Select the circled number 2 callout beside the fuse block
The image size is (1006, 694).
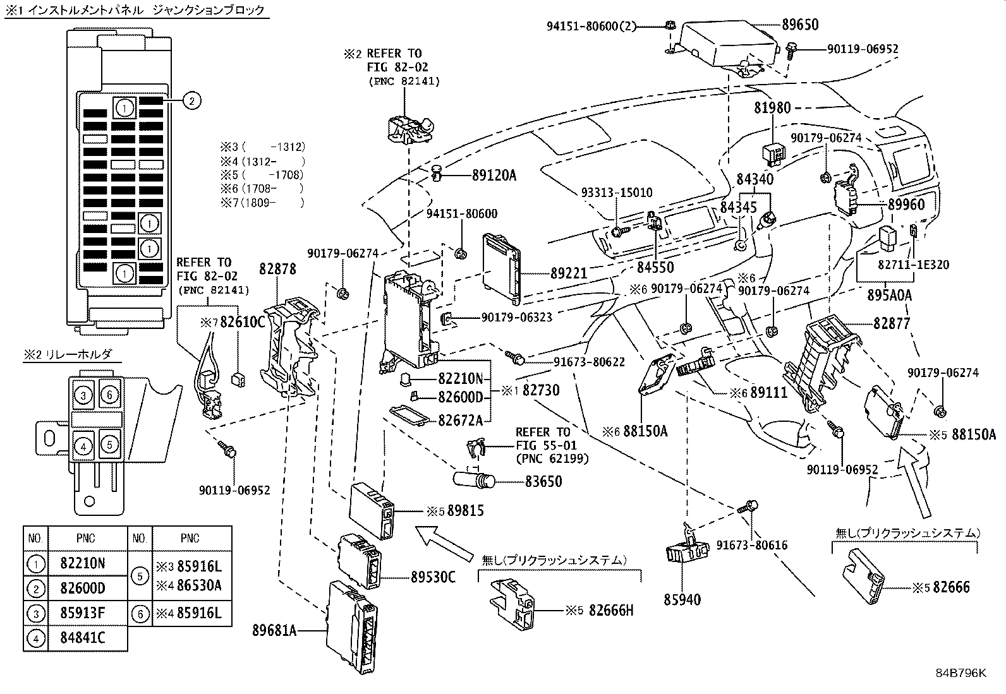(x=192, y=99)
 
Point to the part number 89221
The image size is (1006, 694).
(x=569, y=273)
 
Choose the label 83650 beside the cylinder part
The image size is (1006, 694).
(x=543, y=482)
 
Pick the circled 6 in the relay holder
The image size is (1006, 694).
(x=109, y=395)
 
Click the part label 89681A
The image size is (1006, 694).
(x=274, y=630)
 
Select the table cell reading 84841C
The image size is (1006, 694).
(x=83, y=638)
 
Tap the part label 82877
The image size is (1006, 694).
(x=892, y=324)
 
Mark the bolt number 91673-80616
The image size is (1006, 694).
(x=752, y=544)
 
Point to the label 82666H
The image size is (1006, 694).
(x=611, y=611)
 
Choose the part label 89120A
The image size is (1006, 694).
(x=494, y=176)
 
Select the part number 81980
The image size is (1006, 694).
(x=772, y=108)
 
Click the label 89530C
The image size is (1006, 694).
(x=433, y=577)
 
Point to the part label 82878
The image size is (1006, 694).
(x=277, y=270)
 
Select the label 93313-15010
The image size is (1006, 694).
(x=617, y=193)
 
